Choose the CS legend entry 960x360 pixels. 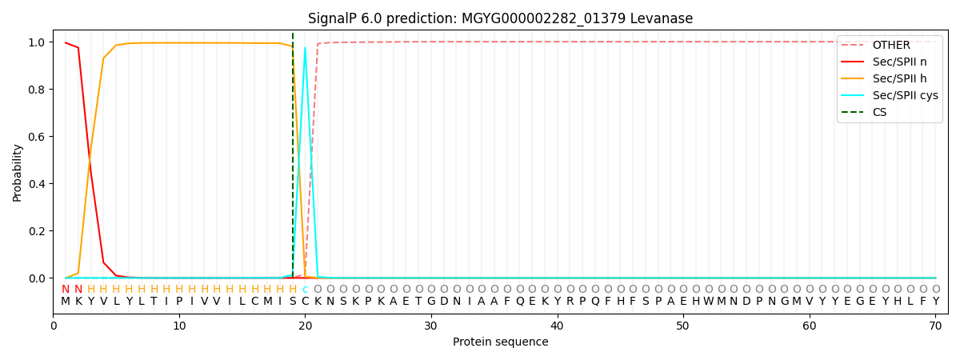point(879,112)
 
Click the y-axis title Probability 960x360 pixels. point(18,172)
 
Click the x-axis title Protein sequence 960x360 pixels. point(500,342)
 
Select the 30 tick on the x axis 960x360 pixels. point(431,326)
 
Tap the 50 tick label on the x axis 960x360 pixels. point(683,326)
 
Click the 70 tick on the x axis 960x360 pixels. point(935,326)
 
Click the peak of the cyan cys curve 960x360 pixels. point(305,47)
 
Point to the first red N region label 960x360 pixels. point(66,290)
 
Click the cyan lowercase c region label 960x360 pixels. point(305,290)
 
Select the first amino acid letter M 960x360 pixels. point(66,302)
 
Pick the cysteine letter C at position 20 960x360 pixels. point(305,302)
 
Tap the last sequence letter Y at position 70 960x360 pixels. point(935,302)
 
